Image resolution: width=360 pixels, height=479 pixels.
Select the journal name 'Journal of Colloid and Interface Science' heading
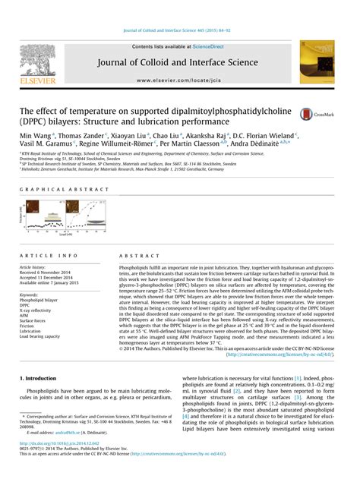pos(180,62)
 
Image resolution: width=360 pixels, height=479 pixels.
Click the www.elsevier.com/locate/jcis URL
pos(179,79)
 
